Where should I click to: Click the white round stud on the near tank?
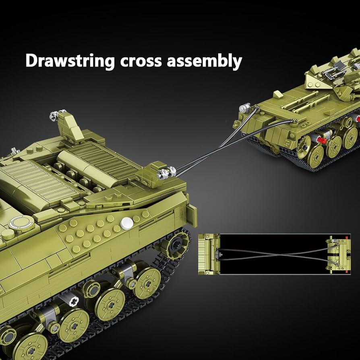click(127, 222)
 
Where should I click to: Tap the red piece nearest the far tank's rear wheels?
click(321, 140)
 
